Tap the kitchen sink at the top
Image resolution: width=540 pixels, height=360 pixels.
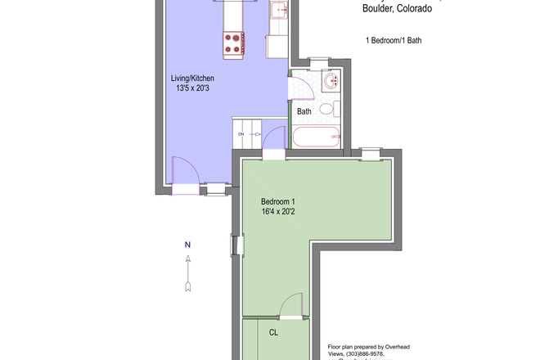(278, 11)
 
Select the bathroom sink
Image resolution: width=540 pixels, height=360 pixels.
(331, 82)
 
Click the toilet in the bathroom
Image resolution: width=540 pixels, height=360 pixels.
(326, 109)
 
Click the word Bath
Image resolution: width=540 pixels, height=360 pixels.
(304, 111)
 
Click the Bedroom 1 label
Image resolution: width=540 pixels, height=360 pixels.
(278, 202)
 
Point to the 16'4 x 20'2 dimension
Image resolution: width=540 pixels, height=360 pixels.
(278, 213)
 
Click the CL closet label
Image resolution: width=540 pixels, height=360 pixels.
(274, 332)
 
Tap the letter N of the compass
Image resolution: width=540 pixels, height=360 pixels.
(187, 245)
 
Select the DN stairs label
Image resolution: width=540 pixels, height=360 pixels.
(241, 133)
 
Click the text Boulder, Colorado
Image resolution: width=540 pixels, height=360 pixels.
(398, 10)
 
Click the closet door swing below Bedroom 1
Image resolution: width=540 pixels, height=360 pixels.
(290, 309)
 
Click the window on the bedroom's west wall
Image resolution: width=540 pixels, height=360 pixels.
(236, 245)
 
